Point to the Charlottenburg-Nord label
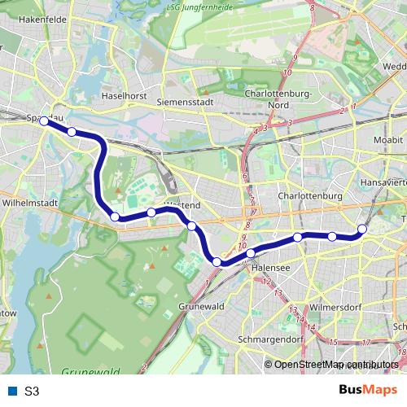(x=278, y=98)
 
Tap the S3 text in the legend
(x=32, y=391)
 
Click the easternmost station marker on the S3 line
(x=362, y=230)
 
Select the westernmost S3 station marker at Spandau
(x=43, y=120)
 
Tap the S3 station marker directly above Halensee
(x=251, y=254)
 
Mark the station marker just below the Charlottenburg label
(x=298, y=237)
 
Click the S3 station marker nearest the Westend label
(x=191, y=225)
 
